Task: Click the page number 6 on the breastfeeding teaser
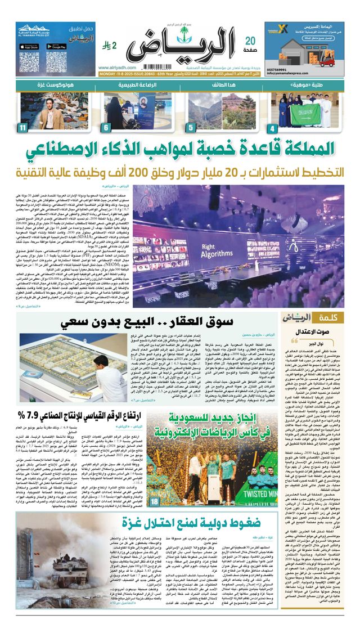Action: coord(106,128)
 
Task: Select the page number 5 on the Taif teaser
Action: coord(189,128)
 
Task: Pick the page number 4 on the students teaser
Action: coord(272,128)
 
